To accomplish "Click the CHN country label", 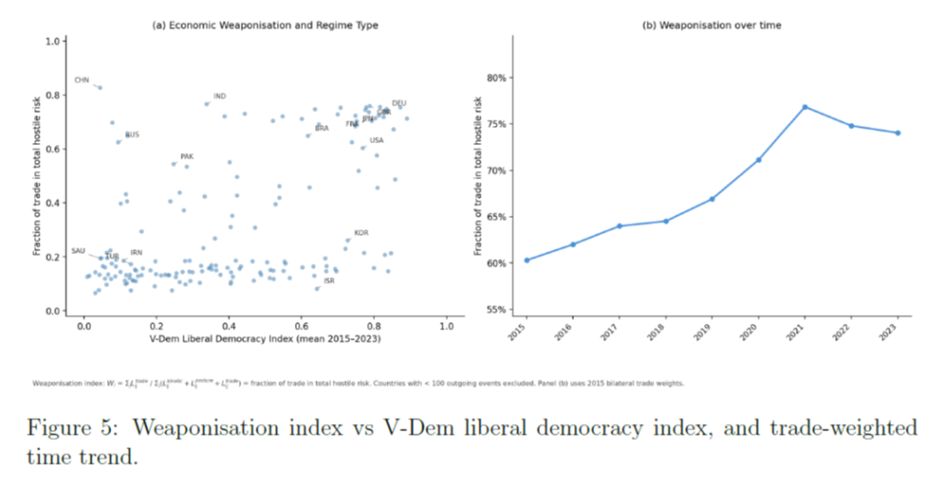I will (x=82, y=79).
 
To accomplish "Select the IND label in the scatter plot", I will (x=219, y=96).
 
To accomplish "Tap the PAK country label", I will (x=187, y=157).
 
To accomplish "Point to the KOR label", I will (x=361, y=233).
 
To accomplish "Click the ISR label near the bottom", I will (x=329, y=281).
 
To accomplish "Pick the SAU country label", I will (x=78, y=251).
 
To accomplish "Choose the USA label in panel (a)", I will (x=376, y=140).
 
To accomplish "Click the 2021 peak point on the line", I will (x=805, y=107).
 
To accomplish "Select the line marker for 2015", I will (x=526, y=260).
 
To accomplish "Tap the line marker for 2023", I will (x=898, y=133).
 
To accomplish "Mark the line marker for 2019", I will (x=711, y=199).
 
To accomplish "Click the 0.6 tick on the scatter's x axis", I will (x=300, y=326).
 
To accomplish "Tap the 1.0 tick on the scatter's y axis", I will (x=52, y=41).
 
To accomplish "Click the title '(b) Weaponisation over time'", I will (x=711, y=26).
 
